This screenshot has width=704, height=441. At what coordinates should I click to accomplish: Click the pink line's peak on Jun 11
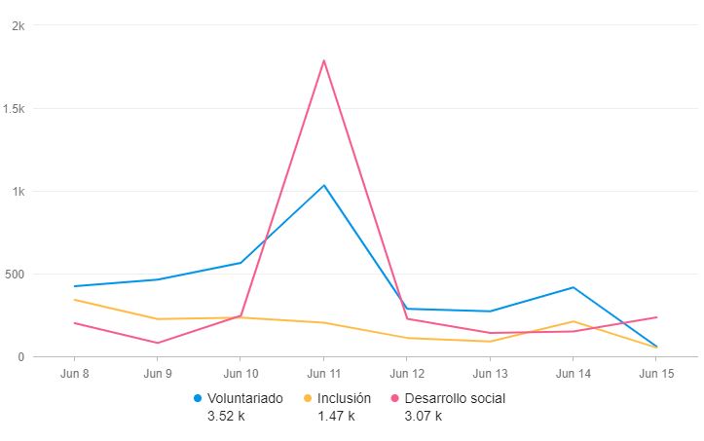click(323, 60)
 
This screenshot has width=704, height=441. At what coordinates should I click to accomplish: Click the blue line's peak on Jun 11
click(323, 185)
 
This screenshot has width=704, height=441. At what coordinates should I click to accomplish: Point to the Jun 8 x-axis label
click(75, 373)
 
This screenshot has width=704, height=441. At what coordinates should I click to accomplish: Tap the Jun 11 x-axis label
click(323, 373)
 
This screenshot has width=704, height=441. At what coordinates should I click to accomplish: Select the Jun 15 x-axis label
click(655, 373)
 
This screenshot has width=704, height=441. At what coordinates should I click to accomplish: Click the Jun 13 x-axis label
click(489, 373)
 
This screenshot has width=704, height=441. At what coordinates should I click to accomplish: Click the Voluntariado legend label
click(245, 398)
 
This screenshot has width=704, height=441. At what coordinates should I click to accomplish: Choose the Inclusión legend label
click(345, 398)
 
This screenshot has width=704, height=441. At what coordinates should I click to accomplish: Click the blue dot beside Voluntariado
click(199, 398)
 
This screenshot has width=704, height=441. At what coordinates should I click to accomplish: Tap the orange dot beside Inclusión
click(309, 398)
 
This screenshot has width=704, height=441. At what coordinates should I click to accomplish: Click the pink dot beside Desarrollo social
click(394, 398)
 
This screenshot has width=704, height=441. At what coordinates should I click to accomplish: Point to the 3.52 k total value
click(226, 416)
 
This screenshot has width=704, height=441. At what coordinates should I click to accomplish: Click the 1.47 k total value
click(336, 416)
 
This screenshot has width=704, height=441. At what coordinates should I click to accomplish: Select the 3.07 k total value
click(423, 416)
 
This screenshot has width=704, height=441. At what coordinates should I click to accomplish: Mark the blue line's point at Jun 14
click(573, 287)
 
